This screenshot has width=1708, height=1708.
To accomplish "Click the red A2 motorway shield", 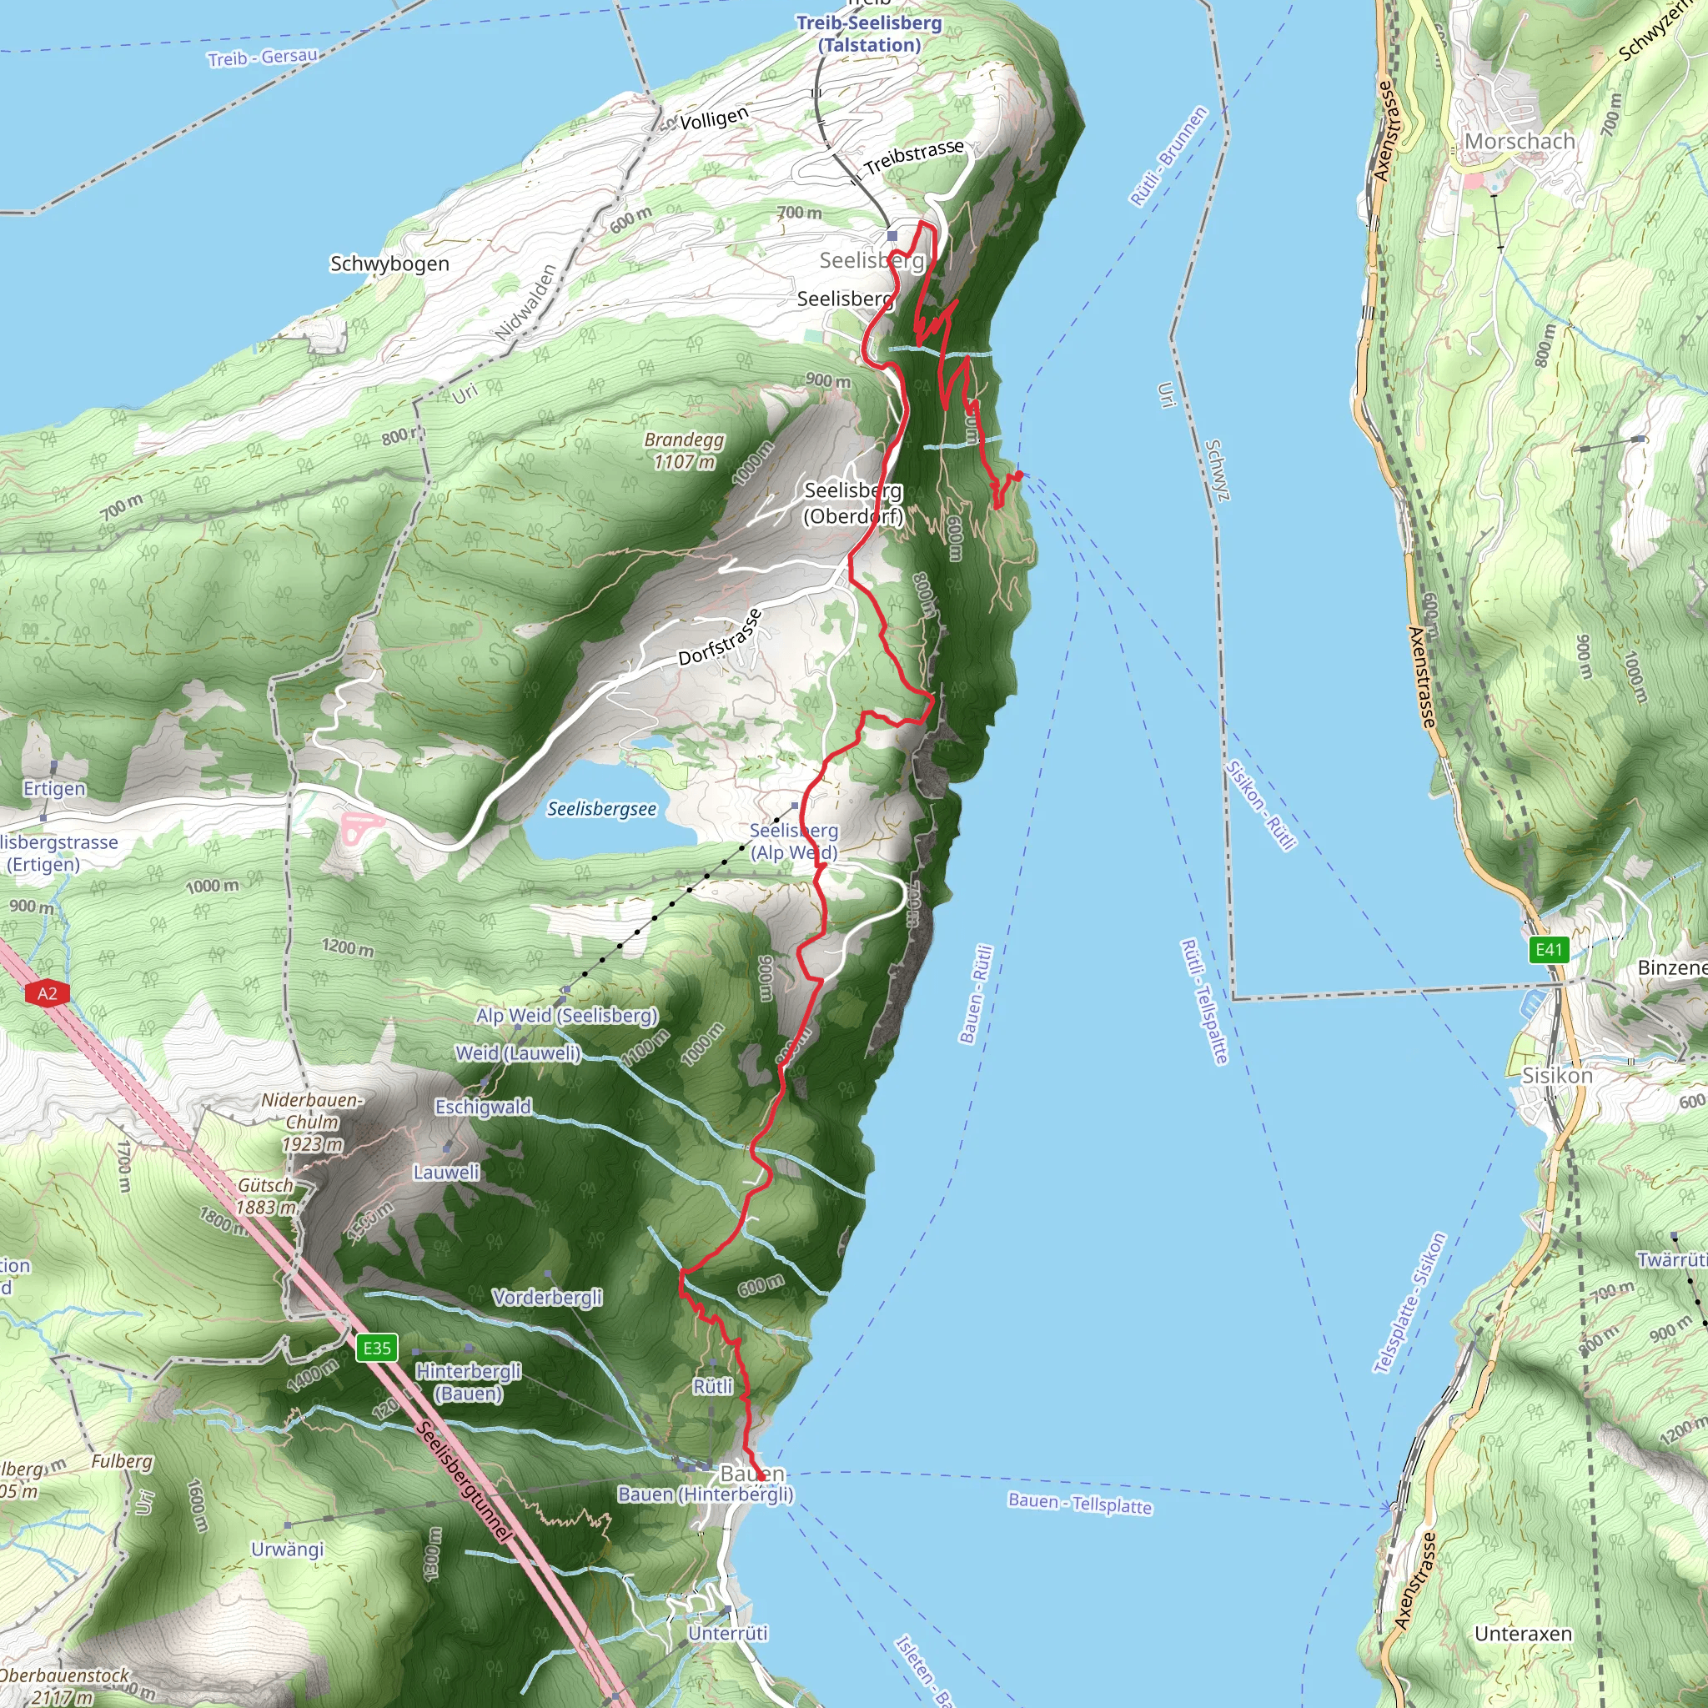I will pyautogui.click(x=47, y=993).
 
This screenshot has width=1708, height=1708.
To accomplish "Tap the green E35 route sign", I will pyautogui.click(x=377, y=1349).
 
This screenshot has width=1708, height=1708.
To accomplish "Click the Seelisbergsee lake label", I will pyautogui.click(x=601, y=809).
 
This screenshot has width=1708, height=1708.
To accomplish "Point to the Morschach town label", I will pyautogui.click(x=1520, y=142).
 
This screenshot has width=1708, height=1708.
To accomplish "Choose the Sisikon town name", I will pyautogui.click(x=1557, y=1076).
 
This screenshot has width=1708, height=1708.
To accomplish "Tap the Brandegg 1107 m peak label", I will pyautogui.click(x=683, y=451).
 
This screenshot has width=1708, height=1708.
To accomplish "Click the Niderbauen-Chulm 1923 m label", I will pyautogui.click(x=312, y=1122).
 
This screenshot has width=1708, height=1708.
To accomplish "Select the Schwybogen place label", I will pyautogui.click(x=389, y=264).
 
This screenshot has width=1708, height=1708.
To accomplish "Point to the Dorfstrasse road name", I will pyautogui.click(x=720, y=637).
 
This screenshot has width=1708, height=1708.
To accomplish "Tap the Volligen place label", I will pyautogui.click(x=715, y=118).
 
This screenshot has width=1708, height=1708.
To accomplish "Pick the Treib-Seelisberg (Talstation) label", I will pyautogui.click(x=869, y=33).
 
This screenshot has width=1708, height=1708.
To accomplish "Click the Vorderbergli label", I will pyautogui.click(x=547, y=1297).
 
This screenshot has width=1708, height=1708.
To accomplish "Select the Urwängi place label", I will pyautogui.click(x=288, y=1549).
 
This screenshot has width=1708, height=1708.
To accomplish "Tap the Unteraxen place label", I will pyautogui.click(x=1523, y=1634).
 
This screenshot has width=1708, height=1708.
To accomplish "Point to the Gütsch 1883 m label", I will pyautogui.click(x=265, y=1196).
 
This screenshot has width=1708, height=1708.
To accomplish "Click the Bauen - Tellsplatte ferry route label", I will pyautogui.click(x=1079, y=1503).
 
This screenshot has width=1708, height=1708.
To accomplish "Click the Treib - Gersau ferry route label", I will pyautogui.click(x=263, y=58).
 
